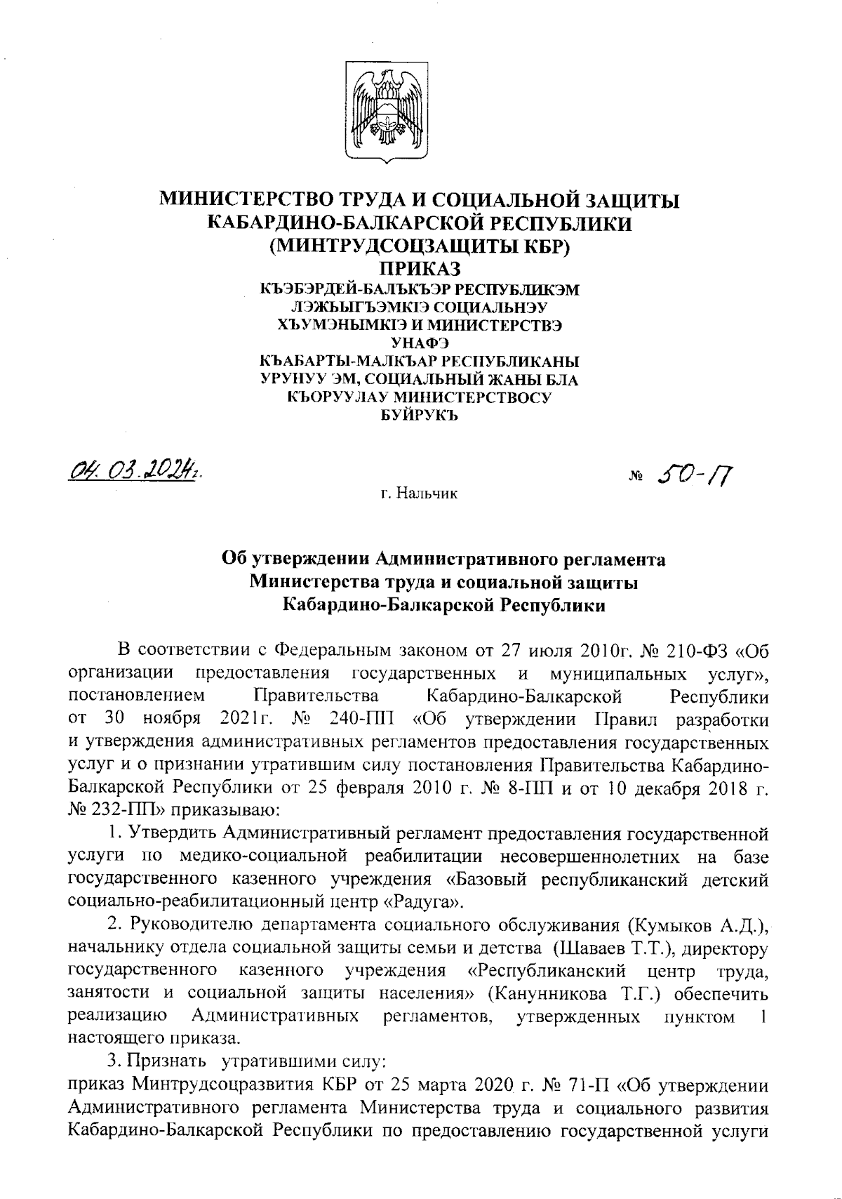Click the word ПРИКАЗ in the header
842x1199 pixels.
coord(420,267)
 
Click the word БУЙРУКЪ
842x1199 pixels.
coord(419,415)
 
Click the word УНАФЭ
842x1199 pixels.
coord(420,343)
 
